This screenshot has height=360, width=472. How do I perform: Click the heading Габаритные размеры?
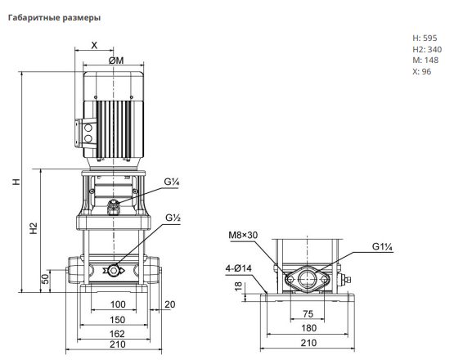(x=54, y=18)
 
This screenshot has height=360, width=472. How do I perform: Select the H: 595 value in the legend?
(x=425, y=38)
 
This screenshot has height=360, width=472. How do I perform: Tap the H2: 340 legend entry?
(x=427, y=49)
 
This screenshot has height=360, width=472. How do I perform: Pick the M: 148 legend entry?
(x=425, y=61)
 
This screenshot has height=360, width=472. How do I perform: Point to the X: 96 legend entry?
(x=422, y=72)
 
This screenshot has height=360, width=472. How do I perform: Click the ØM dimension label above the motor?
(x=116, y=61)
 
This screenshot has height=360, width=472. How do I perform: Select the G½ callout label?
(x=173, y=218)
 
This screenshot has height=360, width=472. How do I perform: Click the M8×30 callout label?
(x=243, y=235)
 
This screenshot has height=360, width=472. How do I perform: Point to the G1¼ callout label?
(x=383, y=246)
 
